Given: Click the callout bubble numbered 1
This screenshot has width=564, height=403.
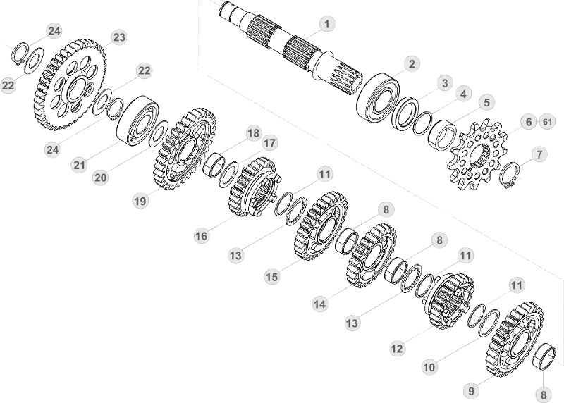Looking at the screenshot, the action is pyautogui.click(x=326, y=24).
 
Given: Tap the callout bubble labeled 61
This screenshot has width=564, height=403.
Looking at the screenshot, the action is pyautogui.click(x=547, y=122).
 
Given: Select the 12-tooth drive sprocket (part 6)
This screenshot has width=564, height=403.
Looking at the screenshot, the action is pyautogui.click(x=477, y=154).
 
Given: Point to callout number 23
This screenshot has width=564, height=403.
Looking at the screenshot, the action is pyautogui.click(x=119, y=37).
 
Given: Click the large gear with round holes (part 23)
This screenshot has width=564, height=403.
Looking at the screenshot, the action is pyautogui.click(x=71, y=85).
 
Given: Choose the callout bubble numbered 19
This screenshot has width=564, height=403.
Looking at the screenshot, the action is pyautogui.click(x=140, y=201).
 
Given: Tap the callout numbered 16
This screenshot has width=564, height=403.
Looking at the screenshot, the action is pyautogui.click(x=201, y=236).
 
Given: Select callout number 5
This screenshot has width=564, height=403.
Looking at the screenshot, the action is pyautogui.click(x=486, y=102).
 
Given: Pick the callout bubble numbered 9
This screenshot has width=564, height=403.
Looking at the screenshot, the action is pyautogui.click(x=471, y=390).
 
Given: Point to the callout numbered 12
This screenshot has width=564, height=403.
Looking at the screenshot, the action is pyautogui.click(x=397, y=348).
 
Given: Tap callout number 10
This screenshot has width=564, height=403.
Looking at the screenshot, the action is pyautogui.click(x=429, y=367).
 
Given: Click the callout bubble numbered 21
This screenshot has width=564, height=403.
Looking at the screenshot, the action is pyautogui.click(x=79, y=165).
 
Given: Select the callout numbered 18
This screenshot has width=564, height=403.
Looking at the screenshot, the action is pyautogui.click(x=253, y=133).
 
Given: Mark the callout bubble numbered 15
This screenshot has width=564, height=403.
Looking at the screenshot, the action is pyautogui.click(x=271, y=277).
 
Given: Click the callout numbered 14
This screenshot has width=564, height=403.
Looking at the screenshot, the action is pyautogui.click(x=320, y=304).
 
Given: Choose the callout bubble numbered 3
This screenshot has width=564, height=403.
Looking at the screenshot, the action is pyautogui.click(x=445, y=83).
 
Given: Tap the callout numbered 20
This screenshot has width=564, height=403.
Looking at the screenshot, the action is pyautogui.click(x=100, y=178).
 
